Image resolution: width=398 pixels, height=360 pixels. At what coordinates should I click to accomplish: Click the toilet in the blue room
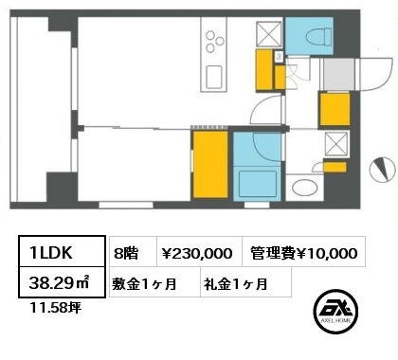coord(318,36)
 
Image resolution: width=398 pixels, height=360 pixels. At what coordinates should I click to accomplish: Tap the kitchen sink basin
coord(214,78)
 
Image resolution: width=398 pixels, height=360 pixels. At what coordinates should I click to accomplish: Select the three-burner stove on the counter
coord(214,41)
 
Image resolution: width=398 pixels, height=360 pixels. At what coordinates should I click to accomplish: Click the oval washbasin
coord(304,188)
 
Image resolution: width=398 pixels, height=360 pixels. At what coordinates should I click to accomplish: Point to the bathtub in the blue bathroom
coord(258,185)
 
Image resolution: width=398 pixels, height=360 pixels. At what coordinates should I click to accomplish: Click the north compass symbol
coord(383,170)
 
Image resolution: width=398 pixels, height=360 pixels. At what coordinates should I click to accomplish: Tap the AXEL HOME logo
coord(335,312)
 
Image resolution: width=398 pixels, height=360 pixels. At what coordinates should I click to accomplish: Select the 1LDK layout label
coord(51,253)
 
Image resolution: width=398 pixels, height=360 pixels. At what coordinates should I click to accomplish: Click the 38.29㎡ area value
coord(59,282)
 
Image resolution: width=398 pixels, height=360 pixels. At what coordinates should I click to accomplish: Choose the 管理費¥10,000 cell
coord(304,252)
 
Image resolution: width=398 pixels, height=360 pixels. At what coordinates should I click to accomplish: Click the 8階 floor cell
coord(134,252)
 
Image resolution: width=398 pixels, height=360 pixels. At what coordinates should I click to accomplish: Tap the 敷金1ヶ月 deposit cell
coord(154,282)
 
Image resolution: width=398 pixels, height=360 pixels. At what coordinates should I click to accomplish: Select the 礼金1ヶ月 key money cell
coord(245,282)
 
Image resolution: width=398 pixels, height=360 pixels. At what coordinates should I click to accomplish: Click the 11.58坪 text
coord(55,307)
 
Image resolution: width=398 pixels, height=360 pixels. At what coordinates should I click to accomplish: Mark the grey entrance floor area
coord(338,75)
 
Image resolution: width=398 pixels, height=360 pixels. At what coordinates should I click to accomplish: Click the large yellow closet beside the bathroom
coord(210,165)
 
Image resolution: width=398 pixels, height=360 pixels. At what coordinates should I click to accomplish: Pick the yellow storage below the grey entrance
coord(335,109)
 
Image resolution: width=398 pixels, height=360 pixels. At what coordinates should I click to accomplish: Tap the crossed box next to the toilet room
coord(269,34)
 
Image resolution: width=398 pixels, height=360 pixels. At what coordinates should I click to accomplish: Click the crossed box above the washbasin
coord(336,144)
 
